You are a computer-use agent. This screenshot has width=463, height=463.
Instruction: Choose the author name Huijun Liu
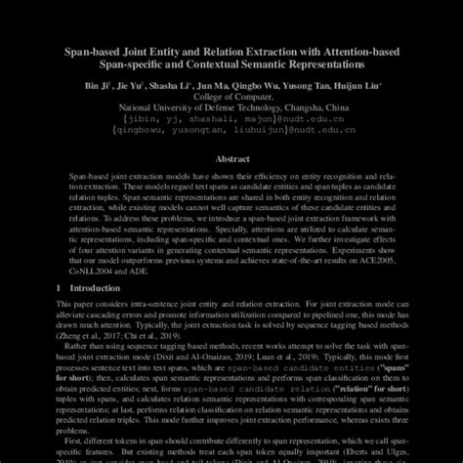click(x=361, y=86)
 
